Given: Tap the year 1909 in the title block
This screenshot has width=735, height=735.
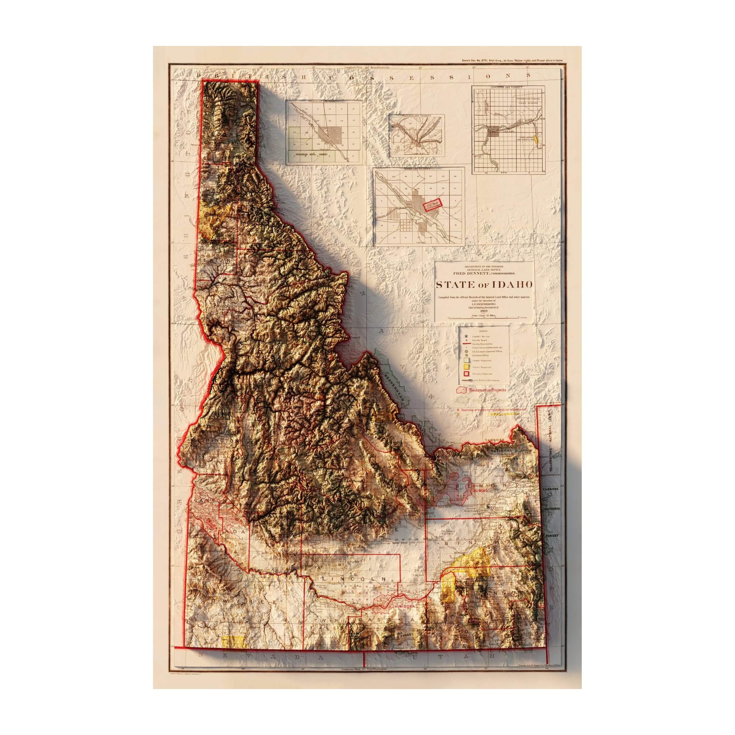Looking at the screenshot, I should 484,311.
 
